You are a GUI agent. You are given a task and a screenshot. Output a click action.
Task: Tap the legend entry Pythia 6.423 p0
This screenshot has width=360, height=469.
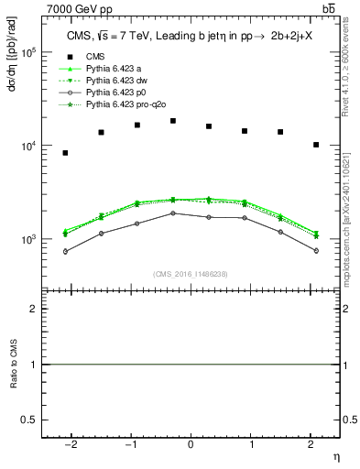click(118, 93)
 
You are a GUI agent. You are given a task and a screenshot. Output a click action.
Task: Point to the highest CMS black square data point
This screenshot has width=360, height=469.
click(173, 121)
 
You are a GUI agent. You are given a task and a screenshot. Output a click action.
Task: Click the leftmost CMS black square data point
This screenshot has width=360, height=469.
click(65, 153)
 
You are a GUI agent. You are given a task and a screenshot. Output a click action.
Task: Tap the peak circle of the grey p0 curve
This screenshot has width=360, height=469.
click(173, 213)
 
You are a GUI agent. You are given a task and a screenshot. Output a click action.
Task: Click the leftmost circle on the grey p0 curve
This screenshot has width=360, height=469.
click(65, 251)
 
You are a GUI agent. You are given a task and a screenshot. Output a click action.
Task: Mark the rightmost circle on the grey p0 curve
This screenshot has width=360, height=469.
click(316, 250)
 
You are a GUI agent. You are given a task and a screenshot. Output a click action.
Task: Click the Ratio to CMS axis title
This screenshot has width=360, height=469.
click(14, 365)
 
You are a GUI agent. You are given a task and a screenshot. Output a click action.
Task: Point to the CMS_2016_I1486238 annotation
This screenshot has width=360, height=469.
click(191, 275)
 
